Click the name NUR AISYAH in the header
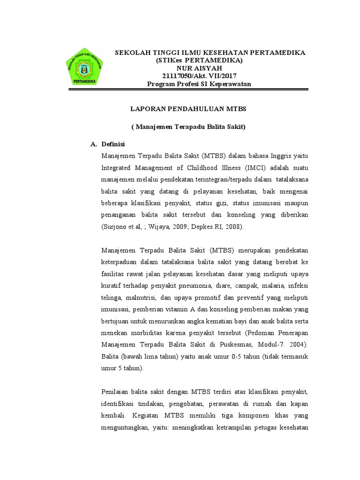[199, 68]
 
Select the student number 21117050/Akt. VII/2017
[199, 76]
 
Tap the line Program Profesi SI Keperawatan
[199, 84]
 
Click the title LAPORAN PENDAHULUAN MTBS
[188, 109]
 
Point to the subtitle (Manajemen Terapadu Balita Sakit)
[188, 127]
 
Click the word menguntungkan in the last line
[124, 427]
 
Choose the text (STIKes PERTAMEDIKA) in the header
[200, 60]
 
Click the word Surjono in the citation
[114, 226]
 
